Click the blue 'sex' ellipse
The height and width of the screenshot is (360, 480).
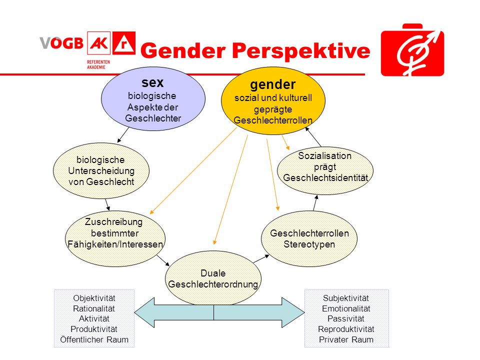[153, 98]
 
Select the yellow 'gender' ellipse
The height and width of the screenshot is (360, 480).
[273, 100]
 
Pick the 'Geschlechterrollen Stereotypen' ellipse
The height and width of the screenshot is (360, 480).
[309, 238]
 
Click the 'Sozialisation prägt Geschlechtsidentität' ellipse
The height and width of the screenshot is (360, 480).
[325, 170]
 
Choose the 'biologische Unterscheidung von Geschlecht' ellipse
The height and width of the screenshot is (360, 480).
[101, 170]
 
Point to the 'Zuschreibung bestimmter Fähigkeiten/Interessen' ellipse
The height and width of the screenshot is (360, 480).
[115, 238]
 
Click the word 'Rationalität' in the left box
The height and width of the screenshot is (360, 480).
[94, 308]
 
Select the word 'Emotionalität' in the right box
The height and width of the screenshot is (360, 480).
[346, 308]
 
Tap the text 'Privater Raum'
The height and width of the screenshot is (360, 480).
[346, 339]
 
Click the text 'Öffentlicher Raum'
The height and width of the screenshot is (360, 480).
[94, 339]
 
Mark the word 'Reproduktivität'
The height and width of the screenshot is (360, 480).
[346, 329]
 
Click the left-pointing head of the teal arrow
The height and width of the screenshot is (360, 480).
[144, 312]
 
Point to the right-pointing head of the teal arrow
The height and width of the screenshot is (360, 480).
[293, 312]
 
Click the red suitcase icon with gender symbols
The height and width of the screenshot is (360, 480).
[412, 50]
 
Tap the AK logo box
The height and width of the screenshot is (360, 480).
[99, 43]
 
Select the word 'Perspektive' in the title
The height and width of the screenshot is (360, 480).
[301, 51]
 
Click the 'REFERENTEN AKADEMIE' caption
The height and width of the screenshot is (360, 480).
[98, 64]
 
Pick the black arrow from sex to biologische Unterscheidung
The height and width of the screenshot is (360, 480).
[123, 135]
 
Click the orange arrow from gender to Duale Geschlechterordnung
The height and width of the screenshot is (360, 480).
[230, 189]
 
